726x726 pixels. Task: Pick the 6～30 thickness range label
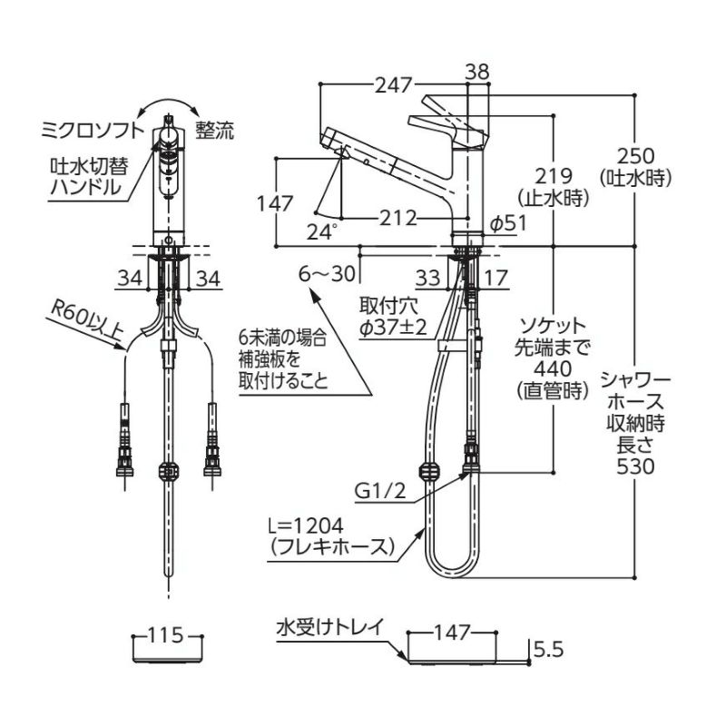click(x=325, y=271)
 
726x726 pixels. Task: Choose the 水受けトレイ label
click(x=332, y=625)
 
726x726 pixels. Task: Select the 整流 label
click(x=214, y=131)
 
